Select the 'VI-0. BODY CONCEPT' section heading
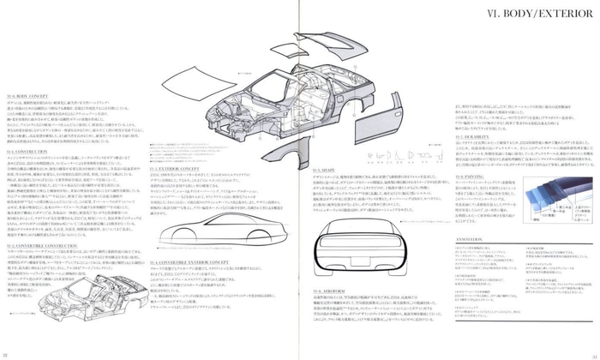pos(21,98)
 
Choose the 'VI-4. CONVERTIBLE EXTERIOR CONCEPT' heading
pos(181,261)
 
